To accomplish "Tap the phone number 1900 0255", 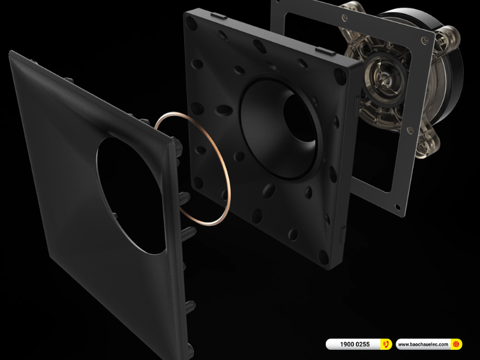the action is tap(355, 344).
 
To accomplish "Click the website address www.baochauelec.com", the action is tap(423, 344).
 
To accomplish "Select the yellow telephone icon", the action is tap(386, 344).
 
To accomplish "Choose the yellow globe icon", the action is tap(456, 344).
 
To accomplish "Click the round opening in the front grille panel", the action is tap(130, 196).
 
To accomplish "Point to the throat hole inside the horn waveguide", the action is tap(298, 118).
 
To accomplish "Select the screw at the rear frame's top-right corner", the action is tap(424, 40).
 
